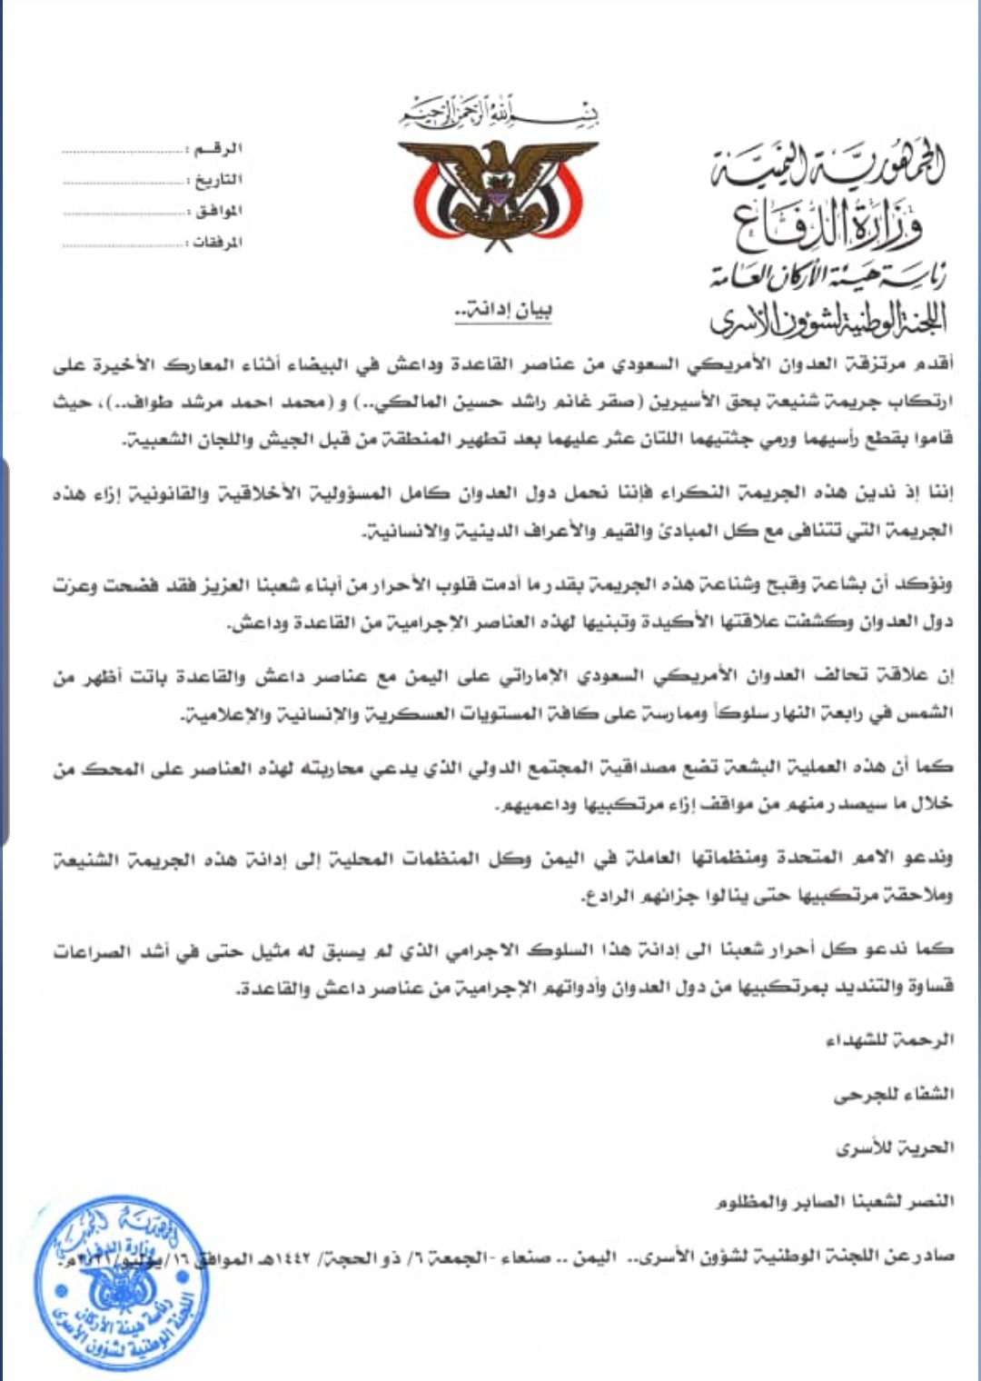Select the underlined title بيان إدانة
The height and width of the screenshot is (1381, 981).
click(503, 311)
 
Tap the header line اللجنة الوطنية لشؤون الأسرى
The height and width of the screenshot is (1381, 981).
click(827, 317)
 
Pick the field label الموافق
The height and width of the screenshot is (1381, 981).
click(217, 212)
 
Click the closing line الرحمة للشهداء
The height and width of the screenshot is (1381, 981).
click(889, 1040)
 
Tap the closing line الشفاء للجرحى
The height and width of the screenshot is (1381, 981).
click(894, 1095)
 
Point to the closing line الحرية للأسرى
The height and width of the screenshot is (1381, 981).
click(895, 1148)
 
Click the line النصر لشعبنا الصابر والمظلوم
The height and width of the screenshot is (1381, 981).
click(834, 1202)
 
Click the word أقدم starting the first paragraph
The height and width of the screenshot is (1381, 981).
click(935, 365)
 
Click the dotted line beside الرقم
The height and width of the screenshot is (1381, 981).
click(122, 151)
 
